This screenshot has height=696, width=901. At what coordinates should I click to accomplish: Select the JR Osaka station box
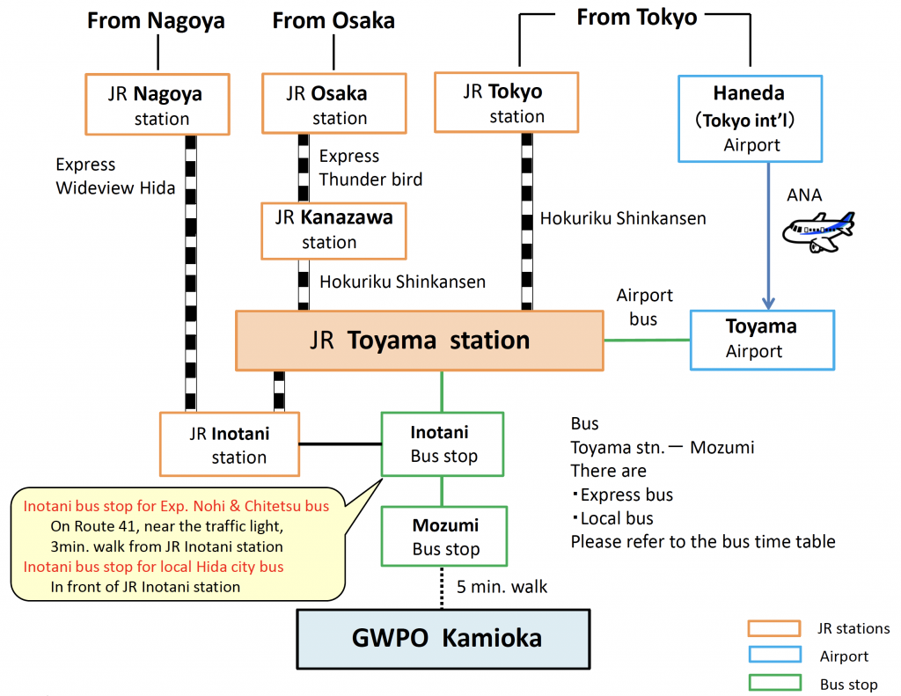coord(334,105)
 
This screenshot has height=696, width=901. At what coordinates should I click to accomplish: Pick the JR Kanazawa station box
coord(334,230)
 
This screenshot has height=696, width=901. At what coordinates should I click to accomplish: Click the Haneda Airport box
coord(751,119)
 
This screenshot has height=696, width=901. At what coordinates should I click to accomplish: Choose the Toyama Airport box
coord(762,339)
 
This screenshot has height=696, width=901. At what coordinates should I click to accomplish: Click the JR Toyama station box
coord(420,340)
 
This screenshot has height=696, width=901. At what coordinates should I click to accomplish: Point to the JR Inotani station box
coord(230,444)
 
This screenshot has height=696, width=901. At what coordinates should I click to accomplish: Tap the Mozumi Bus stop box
coord(444,537)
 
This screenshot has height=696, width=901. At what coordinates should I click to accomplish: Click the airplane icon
coord(818,231)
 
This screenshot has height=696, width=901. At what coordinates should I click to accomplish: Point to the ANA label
coord(804,195)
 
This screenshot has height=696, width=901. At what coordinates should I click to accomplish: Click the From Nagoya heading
coord(157,20)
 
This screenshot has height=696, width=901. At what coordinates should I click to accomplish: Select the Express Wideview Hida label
coord(115,176)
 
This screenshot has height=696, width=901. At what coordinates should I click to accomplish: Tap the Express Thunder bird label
coord(370,168)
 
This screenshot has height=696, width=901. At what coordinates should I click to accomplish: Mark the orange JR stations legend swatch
coord(773,628)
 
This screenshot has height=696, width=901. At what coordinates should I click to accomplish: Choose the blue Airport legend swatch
coord(773,656)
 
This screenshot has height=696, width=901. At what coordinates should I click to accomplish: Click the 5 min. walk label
coord(502,587)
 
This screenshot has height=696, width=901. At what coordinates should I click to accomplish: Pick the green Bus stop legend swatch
coord(773,683)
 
